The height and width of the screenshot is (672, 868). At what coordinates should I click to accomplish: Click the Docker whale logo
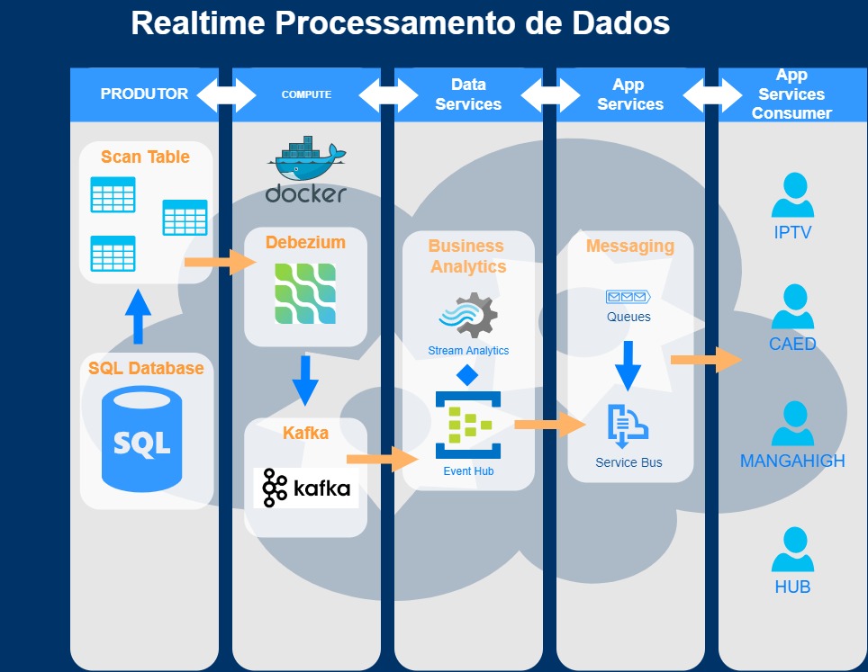pos(306,170)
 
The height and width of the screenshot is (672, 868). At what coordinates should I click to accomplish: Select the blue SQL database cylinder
pos(141,439)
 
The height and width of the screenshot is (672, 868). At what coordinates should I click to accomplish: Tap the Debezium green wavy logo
pos(305,293)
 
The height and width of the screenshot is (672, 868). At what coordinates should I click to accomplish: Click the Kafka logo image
pos(306,488)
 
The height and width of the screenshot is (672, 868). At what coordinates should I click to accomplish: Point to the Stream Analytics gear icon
pos(469,315)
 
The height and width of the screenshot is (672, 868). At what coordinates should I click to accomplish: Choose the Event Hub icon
pos(468,425)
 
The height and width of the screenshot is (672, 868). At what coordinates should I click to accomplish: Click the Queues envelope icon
pos(628,297)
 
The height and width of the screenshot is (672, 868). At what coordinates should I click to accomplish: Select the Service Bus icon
pos(628,426)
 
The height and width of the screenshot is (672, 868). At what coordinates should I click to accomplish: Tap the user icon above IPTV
pos(792,194)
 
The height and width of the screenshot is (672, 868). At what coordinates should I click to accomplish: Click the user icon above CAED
pos(792,307)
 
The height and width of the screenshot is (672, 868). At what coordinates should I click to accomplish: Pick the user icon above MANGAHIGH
pos(792,423)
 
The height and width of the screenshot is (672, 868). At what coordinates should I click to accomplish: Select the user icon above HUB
pos(792,550)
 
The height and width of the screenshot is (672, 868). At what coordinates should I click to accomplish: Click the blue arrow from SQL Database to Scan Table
pos(138,317)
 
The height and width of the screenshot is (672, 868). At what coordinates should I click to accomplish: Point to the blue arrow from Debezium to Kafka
pos(305,381)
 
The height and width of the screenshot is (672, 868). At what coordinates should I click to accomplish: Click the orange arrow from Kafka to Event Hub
pos(383,459)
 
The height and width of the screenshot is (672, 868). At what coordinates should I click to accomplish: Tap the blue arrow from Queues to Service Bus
pos(628,366)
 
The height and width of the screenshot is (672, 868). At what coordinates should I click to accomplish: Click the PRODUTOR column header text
pos(144,94)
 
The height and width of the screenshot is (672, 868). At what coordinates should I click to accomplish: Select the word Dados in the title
pos(620,23)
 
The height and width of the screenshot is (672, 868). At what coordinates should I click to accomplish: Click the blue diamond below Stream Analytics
pos(467,375)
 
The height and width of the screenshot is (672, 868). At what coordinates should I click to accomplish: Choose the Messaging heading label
pos(630,246)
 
